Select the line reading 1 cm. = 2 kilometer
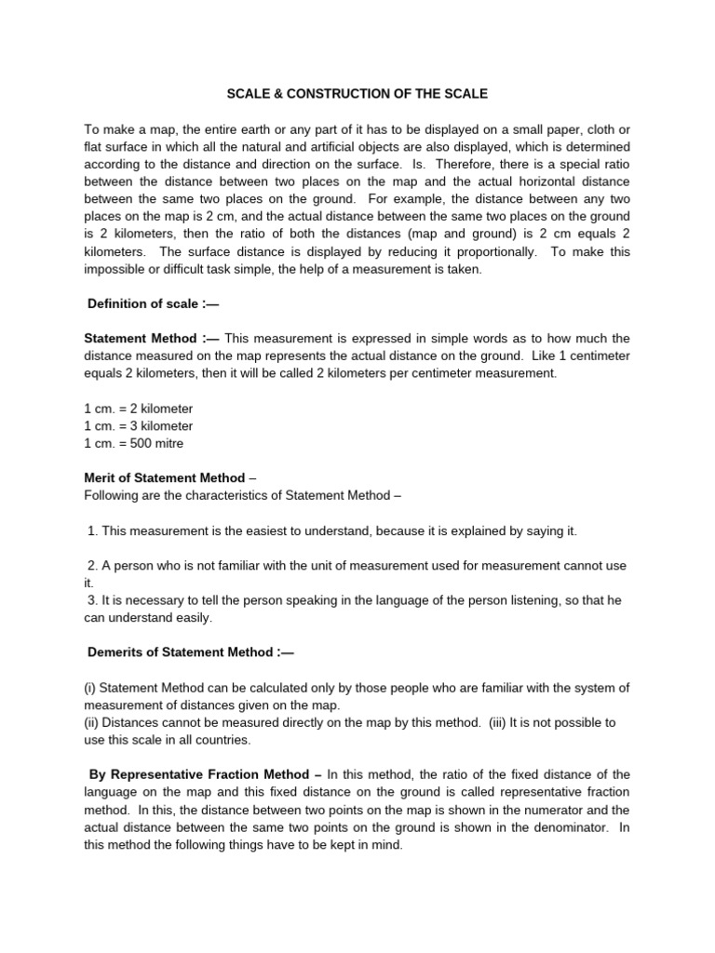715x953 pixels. pyautogui.click(x=139, y=409)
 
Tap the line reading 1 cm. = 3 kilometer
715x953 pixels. pyautogui.click(x=139, y=426)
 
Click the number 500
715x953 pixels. pyautogui.click(x=143, y=444)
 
